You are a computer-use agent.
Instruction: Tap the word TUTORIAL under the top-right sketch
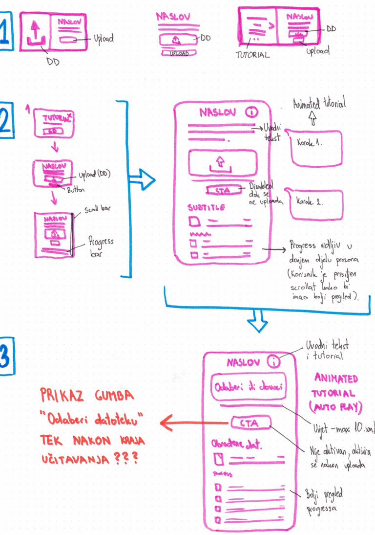click(252, 55)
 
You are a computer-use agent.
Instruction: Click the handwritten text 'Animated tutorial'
click(319, 104)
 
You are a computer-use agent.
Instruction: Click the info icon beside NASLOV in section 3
click(274, 362)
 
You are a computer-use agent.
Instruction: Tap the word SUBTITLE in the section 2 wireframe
click(206, 207)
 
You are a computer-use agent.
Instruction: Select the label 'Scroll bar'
click(98, 209)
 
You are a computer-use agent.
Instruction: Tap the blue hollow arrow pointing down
click(257, 322)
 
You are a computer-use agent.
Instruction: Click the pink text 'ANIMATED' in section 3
click(336, 379)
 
